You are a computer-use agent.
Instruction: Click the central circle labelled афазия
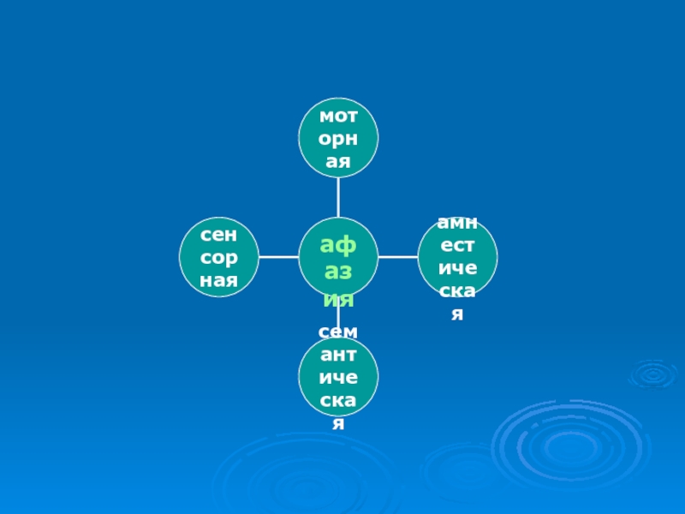pos(338,256)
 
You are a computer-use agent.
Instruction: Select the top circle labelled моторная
pos(338,138)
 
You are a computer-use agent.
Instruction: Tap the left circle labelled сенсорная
pos(219,256)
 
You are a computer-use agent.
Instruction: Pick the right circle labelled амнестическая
pos(457,256)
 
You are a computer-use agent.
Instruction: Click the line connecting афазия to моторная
pos(338,197)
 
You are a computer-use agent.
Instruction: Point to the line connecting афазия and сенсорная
pos(278,256)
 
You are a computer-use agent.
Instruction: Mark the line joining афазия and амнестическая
pos(398,256)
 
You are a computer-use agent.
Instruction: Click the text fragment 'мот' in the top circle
pos(338,115)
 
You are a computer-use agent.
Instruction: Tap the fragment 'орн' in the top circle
pos(338,138)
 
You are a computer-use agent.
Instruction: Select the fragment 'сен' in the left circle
pos(219,233)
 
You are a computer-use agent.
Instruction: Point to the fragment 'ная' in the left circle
pos(219,279)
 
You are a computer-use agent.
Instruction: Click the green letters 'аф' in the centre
pos(338,245)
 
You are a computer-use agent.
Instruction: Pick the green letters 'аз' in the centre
pos(338,273)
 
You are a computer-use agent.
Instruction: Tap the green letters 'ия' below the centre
pos(338,301)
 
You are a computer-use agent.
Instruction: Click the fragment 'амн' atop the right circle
pos(457,223)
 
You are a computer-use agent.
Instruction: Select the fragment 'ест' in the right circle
pos(457,246)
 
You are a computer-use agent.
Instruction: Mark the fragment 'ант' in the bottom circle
pos(338,354)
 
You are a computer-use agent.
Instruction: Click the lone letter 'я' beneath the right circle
pos(457,315)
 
